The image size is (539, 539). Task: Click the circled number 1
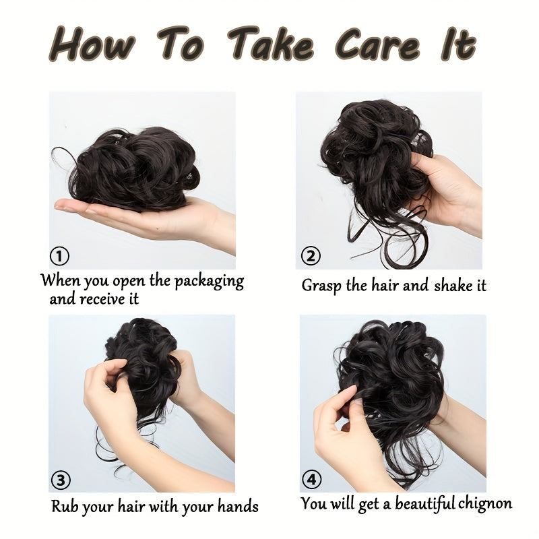(x=59, y=256)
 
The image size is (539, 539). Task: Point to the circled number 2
(x=311, y=256)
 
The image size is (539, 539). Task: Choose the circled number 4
(x=311, y=480)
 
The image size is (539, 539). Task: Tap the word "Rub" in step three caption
(x=64, y=505)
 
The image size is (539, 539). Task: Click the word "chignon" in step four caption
(x=484, y=503)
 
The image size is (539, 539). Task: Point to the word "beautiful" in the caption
(x=424, y=503)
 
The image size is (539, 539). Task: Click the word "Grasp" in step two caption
(x=321, y=286)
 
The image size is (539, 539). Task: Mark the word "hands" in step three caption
(x=238, y=505)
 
